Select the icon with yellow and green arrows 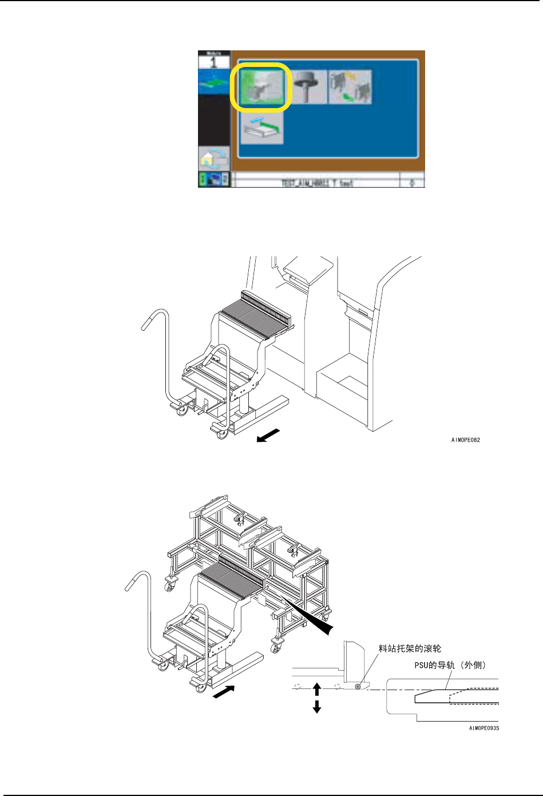point(350,87)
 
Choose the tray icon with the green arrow point(262,128)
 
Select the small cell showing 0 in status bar point(412,183)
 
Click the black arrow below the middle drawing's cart point(268,435)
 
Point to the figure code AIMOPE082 point(465,440)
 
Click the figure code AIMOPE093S point(484,728)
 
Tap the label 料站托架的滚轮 point(410,648)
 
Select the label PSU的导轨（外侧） point(450,665)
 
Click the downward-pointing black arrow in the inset point(317,707)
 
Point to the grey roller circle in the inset point(358,686)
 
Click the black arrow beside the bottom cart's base point(224,692)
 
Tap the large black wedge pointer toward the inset point(312,618)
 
